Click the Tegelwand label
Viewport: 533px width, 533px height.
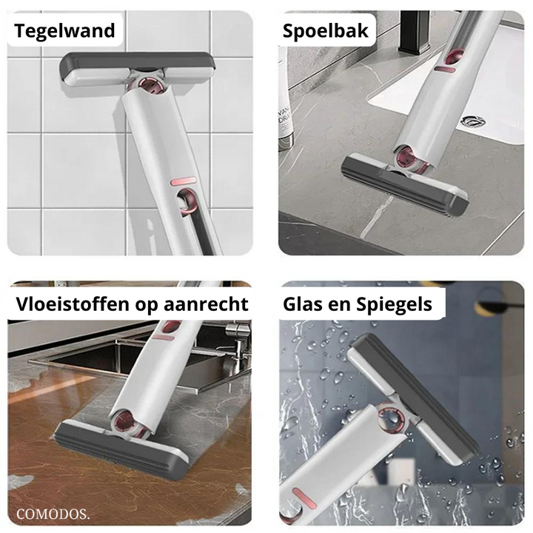coord(64,31)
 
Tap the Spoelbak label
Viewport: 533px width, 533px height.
coord(325,31)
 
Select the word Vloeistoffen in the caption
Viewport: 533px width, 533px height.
coord(73,304)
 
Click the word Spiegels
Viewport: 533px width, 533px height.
coord(395,304)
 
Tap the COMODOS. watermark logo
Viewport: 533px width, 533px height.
coord(53,514)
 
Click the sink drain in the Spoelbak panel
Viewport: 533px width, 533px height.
coord(473,121)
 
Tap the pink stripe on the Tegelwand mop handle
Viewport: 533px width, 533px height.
coord(184,181)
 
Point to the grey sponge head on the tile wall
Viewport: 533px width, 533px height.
coord(138,69)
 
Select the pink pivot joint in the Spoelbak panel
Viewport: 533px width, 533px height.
coord(408,158)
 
